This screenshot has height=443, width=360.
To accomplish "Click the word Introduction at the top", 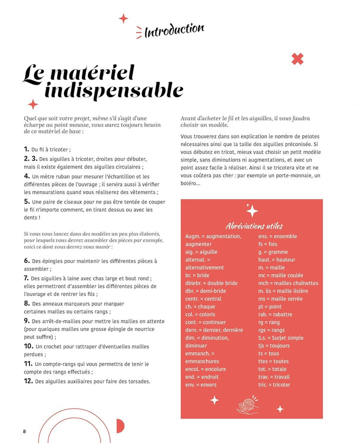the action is pos(174,31).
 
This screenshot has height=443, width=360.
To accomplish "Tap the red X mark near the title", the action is pos(297,59).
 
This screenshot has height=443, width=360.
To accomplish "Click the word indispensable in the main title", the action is pos(121,90).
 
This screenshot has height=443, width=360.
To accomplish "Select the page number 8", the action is pos(24,431).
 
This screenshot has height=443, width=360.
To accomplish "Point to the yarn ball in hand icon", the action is pos(247,405).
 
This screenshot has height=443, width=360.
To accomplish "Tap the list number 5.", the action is pos(26,201).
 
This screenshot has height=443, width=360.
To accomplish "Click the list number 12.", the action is pos(28,381).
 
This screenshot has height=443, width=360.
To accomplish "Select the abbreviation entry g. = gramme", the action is pos(273,252).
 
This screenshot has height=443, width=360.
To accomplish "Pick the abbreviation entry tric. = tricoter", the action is pos(274,384).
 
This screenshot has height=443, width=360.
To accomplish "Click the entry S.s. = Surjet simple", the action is pos(280,338).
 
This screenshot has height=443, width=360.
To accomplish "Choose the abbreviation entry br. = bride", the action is pos(197,275).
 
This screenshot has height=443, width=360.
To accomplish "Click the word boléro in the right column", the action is pos(190,183).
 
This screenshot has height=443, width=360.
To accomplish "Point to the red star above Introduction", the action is pos(123,18).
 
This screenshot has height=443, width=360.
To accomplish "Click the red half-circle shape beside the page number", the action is pos(119,426).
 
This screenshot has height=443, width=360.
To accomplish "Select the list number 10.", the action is pos(28,346).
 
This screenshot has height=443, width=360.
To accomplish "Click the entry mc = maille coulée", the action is pos(280,275).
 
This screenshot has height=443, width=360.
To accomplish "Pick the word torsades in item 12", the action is pos(135,381).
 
